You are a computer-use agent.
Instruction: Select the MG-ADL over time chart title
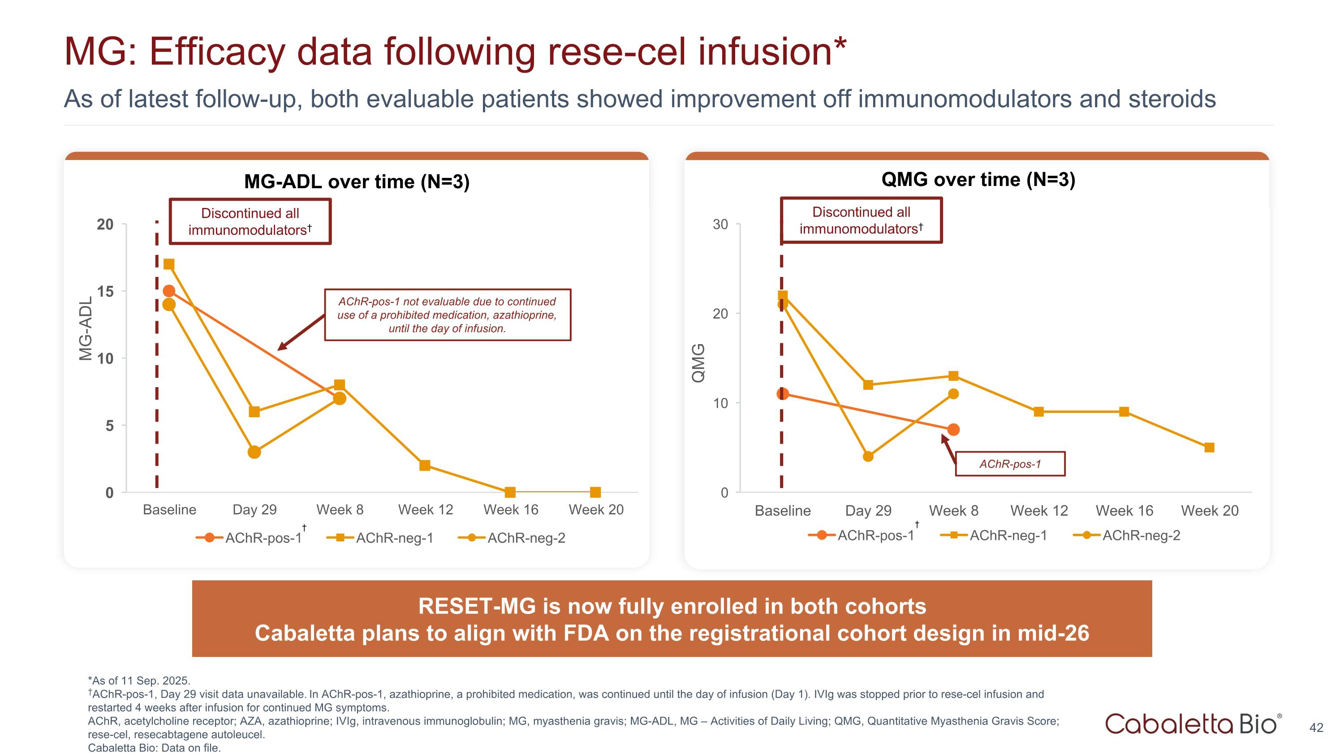(x=357, y=181)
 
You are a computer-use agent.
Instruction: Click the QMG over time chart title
(x=978, y=180)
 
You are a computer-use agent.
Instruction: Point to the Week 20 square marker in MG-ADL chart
(x=595, y=492)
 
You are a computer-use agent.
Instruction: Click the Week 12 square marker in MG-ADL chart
(x=425, y=465)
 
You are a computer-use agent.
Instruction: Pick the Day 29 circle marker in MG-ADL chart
(x=254, y=452)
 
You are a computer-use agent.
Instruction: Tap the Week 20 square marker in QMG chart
(x=1210, y=448)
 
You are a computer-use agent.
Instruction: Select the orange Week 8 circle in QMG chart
(x=953, y=430)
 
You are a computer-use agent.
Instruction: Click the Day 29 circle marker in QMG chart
(x=868, y=457)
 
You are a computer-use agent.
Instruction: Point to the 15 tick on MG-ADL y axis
(x=105, y=292)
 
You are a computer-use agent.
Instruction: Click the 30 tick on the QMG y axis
(x=720, y=225)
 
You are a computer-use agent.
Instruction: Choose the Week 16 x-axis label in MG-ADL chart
(x=511, y=510)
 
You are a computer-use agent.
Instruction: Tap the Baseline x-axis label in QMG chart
(x=783, y=511)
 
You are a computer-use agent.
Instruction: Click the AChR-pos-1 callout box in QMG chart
(x=1010, y=464)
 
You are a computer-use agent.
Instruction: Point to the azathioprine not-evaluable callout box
(x=448, y=315)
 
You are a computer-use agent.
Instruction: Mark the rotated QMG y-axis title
(x=698, y=363)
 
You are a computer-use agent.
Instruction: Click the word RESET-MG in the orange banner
(x=477, y=606)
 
